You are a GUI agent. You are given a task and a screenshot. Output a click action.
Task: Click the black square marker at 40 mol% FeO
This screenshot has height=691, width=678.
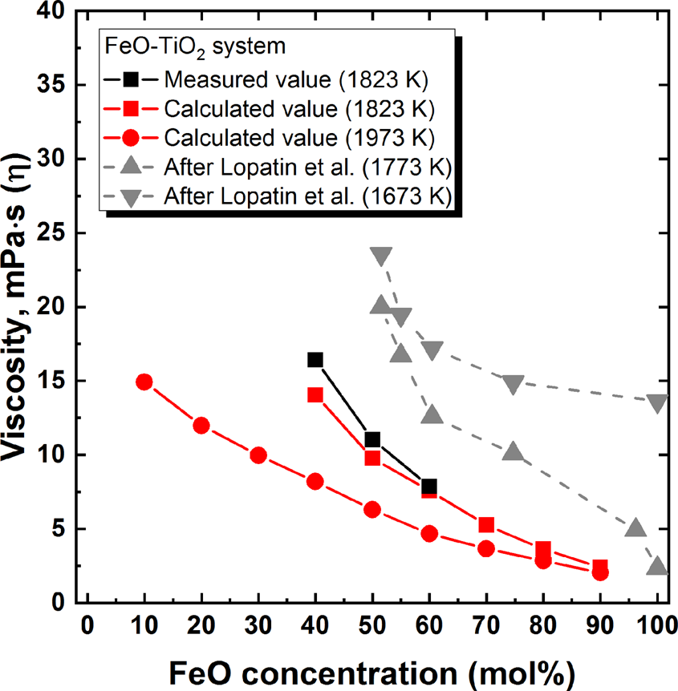pos(315,360)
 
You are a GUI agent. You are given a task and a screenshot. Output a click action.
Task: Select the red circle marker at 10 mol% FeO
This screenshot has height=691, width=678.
pos(144,382)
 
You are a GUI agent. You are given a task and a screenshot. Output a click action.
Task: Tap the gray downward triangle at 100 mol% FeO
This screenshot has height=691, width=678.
pos(658,402)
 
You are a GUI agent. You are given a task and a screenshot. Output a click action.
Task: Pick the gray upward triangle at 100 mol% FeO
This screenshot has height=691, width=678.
pos(658,567)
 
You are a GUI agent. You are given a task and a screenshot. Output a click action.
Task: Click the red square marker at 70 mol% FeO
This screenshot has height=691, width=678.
pos(486,525)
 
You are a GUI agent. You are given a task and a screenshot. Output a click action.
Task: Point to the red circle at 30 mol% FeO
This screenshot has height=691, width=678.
pos(258,455)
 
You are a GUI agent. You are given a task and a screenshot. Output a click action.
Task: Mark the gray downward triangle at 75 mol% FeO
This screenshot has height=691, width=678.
pos(514,384)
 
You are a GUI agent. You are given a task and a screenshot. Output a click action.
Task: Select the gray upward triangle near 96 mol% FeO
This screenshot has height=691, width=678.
pos(635,528)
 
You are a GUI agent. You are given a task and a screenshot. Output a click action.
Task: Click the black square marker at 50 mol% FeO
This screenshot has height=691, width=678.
pos(372,439)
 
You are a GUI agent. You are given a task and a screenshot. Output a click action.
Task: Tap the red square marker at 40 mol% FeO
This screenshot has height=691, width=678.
pos(315,395)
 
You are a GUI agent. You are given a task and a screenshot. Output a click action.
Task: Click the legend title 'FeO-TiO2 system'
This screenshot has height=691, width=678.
pos(196,47)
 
